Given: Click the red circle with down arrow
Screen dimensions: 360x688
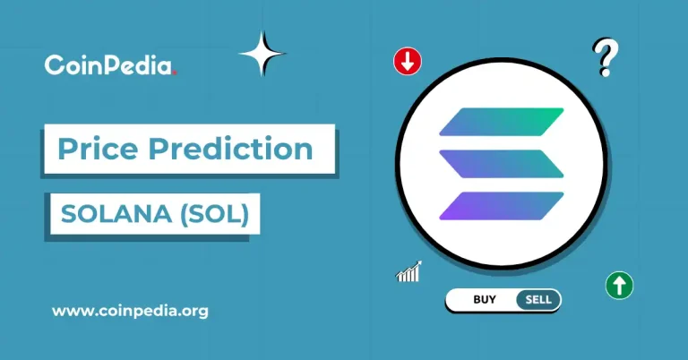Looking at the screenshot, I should click(408, 61).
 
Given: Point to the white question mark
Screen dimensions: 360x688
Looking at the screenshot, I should click(606, 58).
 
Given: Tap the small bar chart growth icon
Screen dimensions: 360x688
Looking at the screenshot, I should click(408, 272).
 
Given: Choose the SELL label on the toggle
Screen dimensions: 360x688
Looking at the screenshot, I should click(538, 300).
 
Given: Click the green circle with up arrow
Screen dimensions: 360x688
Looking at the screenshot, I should click(619, 286).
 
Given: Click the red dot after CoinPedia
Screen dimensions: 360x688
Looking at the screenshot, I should click(175, 71).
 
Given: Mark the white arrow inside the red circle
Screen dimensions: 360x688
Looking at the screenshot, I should click(408, 61).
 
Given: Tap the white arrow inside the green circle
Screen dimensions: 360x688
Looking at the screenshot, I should click(619, 286).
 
